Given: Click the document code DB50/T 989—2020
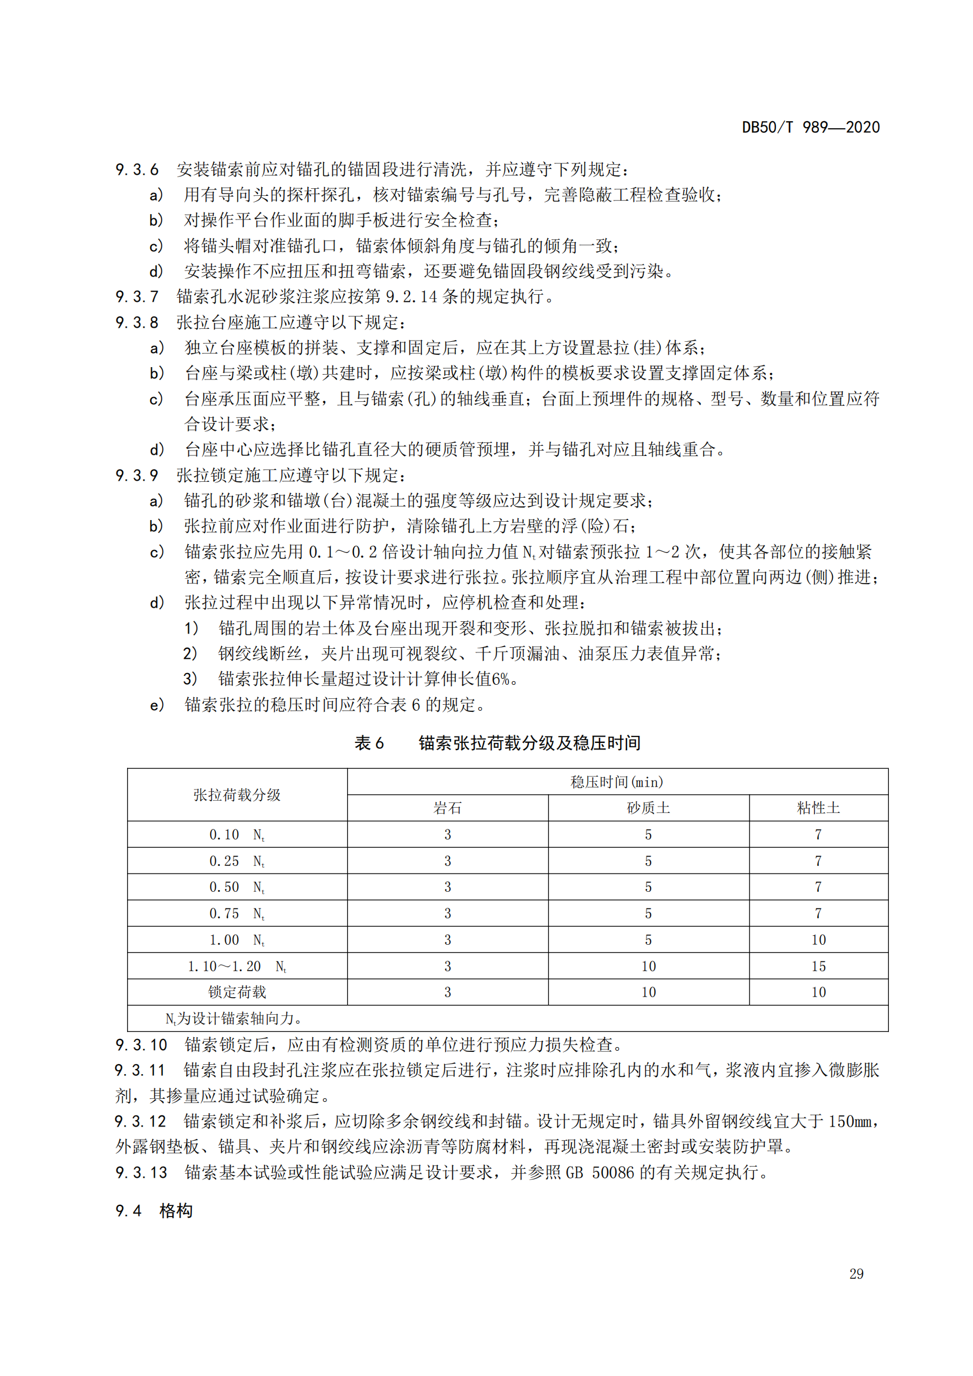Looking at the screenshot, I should coord(811,128).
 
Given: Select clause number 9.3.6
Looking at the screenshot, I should coord(137,170).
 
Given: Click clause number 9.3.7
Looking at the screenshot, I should coord(137,296).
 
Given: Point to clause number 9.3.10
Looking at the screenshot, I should coord(141,1045).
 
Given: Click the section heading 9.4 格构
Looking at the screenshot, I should coord(154,1211).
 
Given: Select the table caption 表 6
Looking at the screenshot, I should coord(369,744).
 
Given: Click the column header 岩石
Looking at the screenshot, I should coord(448,808).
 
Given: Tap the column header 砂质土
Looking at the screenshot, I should coord(648,808).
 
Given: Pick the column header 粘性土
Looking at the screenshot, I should coord(818,808).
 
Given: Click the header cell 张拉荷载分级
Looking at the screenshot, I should coord(237,795).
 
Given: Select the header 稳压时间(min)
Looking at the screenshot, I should coord(617,782).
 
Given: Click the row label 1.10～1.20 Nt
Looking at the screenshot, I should coord(237,967).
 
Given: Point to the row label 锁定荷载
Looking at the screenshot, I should coord(237,992).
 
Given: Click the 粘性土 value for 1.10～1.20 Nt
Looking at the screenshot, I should coord(818,967).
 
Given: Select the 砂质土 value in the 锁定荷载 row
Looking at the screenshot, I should coord(648,992).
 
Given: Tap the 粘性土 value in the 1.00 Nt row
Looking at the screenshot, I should coord(818,940).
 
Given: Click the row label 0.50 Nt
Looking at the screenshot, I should coord(237,888).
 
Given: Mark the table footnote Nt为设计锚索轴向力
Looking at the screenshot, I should coord(234,1019).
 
